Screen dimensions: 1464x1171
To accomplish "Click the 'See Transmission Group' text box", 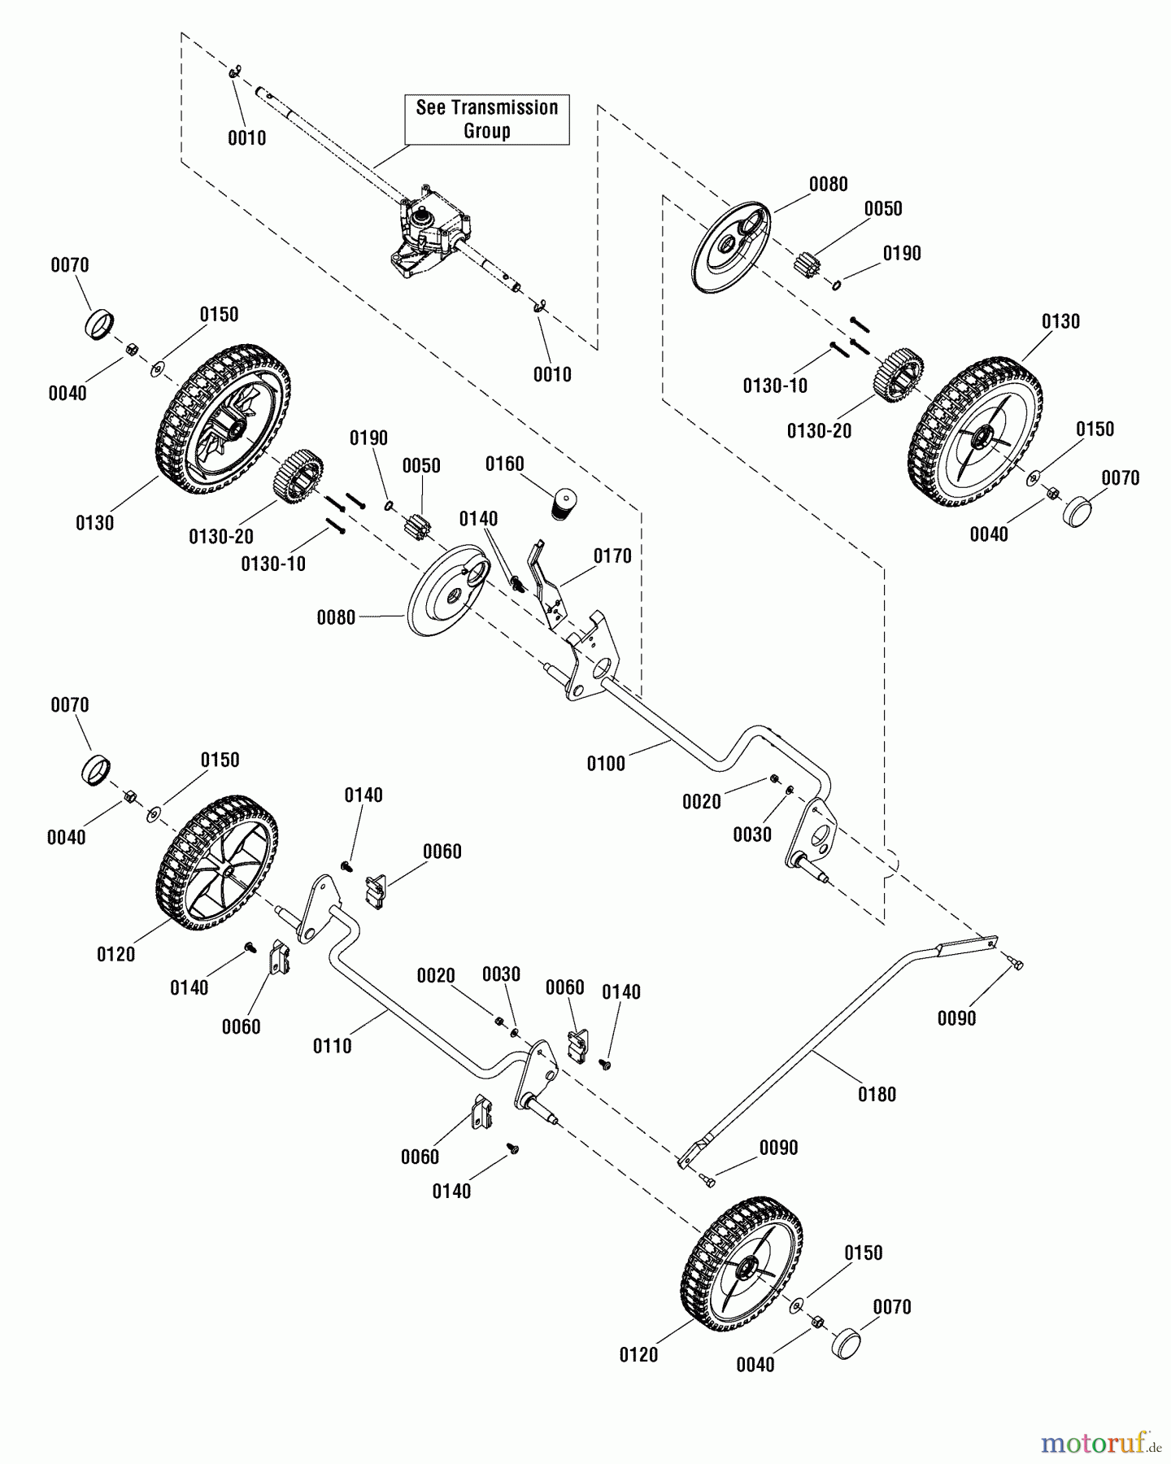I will tap(486, 120).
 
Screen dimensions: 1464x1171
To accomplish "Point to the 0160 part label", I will tap(504, 464).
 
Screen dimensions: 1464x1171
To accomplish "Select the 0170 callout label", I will tap(612, 556).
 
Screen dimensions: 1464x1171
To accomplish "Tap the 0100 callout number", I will tap(606, 764).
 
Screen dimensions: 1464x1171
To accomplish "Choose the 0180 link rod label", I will tap(877, 1095).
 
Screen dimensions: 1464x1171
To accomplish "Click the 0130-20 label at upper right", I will tap(819, 431).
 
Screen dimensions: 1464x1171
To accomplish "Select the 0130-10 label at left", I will tap(273, 564).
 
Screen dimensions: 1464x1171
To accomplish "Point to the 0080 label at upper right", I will tap(828, 185).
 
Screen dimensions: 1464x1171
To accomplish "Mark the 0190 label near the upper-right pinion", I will tap(902, 254).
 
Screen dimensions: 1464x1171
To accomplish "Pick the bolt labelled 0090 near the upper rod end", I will tap(1016, 964).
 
